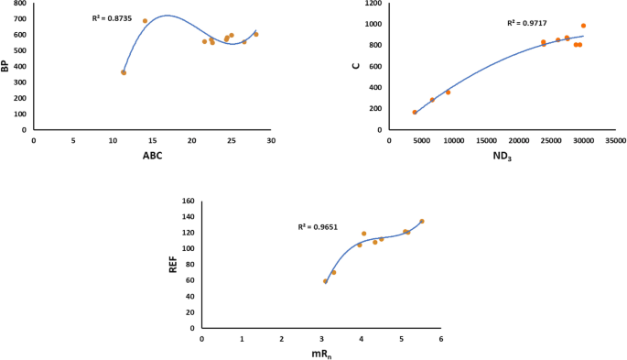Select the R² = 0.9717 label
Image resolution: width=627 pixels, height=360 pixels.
point(525,23)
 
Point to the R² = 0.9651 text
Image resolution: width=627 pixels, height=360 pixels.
point(316,226)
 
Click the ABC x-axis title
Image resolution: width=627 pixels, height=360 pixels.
point(152,157)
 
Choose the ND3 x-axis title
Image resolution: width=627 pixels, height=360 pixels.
point(502,157)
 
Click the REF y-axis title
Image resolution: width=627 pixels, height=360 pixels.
point(172,265)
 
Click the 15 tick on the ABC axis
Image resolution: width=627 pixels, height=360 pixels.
point(152,140)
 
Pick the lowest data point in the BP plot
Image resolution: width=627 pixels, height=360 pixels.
point(124,72)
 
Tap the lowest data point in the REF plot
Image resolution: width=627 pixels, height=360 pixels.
point(325,281)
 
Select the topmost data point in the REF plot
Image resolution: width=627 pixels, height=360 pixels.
point(422,221)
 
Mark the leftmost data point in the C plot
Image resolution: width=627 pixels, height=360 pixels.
point(415,113)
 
